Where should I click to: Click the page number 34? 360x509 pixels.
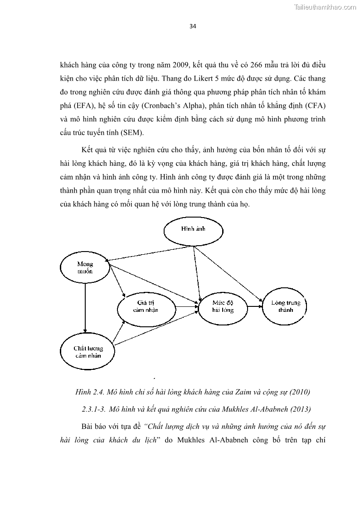coord(193,26)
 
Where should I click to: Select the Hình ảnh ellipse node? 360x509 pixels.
coord(194,229)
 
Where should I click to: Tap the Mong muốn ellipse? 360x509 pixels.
coord(85,268)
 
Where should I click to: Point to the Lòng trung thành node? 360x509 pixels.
coord(286,306)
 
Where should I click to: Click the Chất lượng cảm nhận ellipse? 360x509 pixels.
coord(88,352)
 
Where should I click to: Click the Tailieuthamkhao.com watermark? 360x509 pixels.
coord(326,7)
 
